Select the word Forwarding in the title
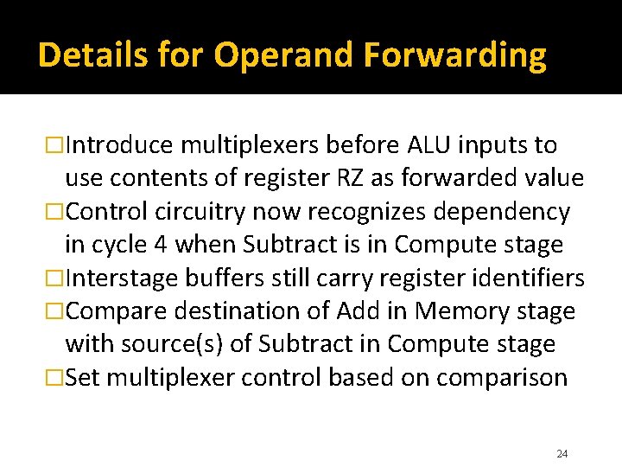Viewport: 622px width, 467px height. [x=454, y=55]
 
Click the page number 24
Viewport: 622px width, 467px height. [x=562, y=454]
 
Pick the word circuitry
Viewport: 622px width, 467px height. [x=202, y=212]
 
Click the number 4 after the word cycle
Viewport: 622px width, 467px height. [x=161, y=245]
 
